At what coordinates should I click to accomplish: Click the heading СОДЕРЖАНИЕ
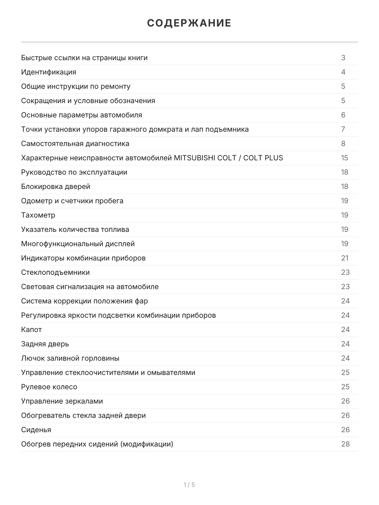tap(189, 23)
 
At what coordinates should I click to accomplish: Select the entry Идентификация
tap(49, 72)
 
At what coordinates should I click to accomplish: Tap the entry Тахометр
tap(38, 215)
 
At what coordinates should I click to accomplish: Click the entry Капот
tap(32, 330)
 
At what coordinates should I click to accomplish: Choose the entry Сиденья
tap(36, 430)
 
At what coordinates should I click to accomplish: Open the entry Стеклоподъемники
tap(56, 272)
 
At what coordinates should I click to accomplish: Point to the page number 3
tap(343, 58)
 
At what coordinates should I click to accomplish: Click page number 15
tap(345, 158)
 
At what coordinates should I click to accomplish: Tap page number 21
tap(345, 258)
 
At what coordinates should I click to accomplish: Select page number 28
tap(345, 444)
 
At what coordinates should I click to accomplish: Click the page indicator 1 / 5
tap(189, 485)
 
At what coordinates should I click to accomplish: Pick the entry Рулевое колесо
tap(49, 387)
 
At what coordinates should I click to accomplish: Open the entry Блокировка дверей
tap(56, 186)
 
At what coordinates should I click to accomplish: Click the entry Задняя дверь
tap(45, 344)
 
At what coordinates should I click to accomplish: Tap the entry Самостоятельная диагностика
tap(75, 144)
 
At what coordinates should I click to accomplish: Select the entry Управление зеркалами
tap(62, 401)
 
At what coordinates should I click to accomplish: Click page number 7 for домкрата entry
tap(343, 129)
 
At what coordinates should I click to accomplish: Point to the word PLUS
tap(274, 158)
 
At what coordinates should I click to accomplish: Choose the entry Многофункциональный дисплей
tap(78, 244)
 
